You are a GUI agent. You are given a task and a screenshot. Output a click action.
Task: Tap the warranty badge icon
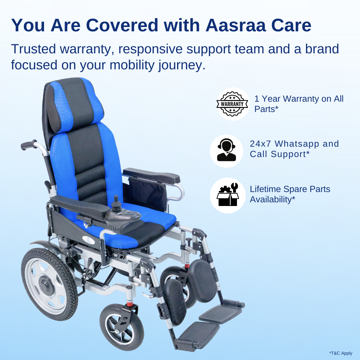click(x=232, y=104)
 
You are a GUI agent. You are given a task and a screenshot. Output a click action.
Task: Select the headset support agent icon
click(x=226, y=150)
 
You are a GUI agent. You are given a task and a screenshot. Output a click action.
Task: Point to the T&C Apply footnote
click(x=341, y=353)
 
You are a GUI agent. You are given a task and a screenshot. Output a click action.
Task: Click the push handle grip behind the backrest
click(x=29, y=145)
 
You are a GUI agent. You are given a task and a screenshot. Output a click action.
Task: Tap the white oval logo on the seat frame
click(x=87, y=239)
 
